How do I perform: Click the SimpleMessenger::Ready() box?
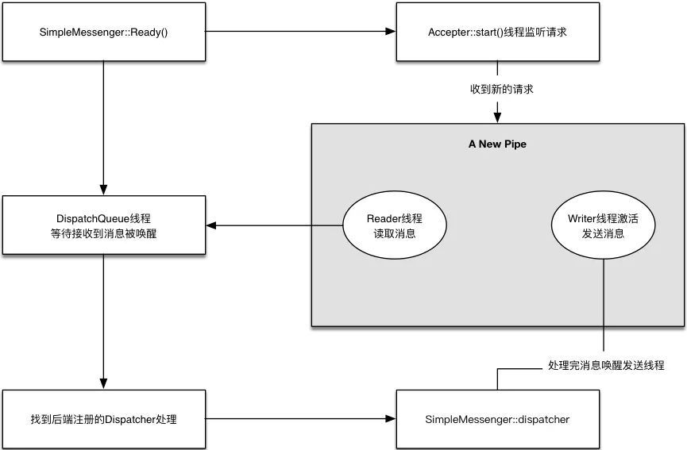tap(105, 33)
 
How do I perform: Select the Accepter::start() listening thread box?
tap(497, 33)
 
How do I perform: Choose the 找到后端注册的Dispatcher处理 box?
tap(105, 418)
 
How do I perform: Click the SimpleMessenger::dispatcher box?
tap(497, 418)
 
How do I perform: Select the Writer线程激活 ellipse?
tap(603, 225)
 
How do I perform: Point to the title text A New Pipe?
tap(497, 144)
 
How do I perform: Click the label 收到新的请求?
tap(501, 89)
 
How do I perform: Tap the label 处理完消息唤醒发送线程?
tap(606, 366)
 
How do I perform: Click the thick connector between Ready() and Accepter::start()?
tap(302, 33)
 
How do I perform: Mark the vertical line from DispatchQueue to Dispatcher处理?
tap(104, 317)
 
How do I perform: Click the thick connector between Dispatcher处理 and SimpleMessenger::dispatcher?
tap(302, 418)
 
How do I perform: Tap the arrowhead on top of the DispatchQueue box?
tap(101, 188)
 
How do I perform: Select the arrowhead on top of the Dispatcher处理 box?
tap(101, 382)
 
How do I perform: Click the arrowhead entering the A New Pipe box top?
tap(495, 115)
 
